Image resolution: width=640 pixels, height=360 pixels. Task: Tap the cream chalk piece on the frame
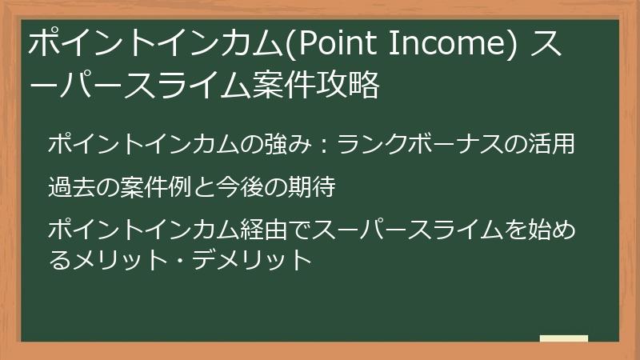coord(563,338)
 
